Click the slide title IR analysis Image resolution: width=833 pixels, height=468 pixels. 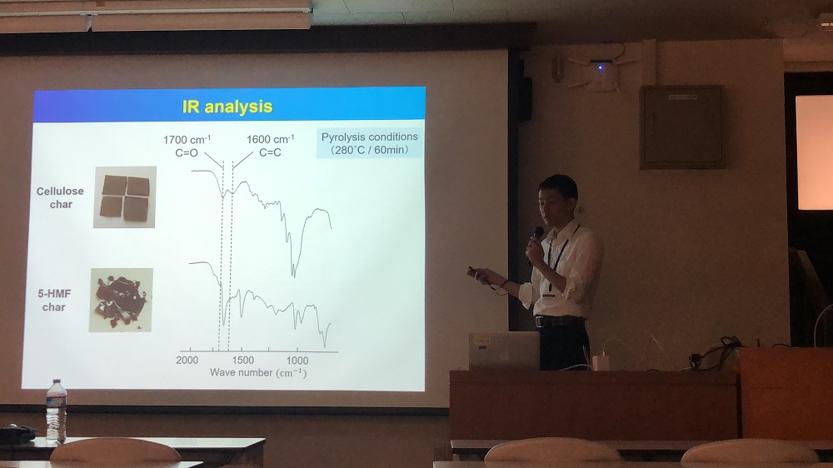(x=227, y=107)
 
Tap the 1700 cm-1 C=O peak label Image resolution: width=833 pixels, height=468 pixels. (x=187, y=146)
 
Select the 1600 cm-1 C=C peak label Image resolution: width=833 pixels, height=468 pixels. (x=270, y=146)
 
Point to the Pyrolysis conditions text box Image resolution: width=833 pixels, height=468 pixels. (x=370, y=143)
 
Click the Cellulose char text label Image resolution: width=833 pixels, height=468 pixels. (x=60, y=197)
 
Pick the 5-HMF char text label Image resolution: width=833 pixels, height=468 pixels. (x=54, y=300)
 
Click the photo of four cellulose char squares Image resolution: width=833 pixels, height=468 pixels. (x=125, y=197)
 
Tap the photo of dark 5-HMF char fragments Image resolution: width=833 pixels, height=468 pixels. (x=121, y=300)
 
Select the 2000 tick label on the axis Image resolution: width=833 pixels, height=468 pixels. (x=187, y=361)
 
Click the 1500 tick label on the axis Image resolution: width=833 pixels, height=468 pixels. (x=242, y=361)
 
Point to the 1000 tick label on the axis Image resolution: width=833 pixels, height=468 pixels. (x=297, y=361)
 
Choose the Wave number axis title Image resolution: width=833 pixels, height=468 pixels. (x=258, y=373)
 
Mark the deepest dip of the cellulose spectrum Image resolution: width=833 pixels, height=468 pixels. (x=293, y=275)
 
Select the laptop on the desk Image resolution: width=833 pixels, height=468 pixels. (x=504, y=351)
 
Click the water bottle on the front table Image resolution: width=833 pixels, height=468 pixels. (x=56, y=411)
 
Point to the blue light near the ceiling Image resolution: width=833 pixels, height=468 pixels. (x=601, y=67)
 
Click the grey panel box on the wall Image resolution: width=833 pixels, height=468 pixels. (x=681, y=127)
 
